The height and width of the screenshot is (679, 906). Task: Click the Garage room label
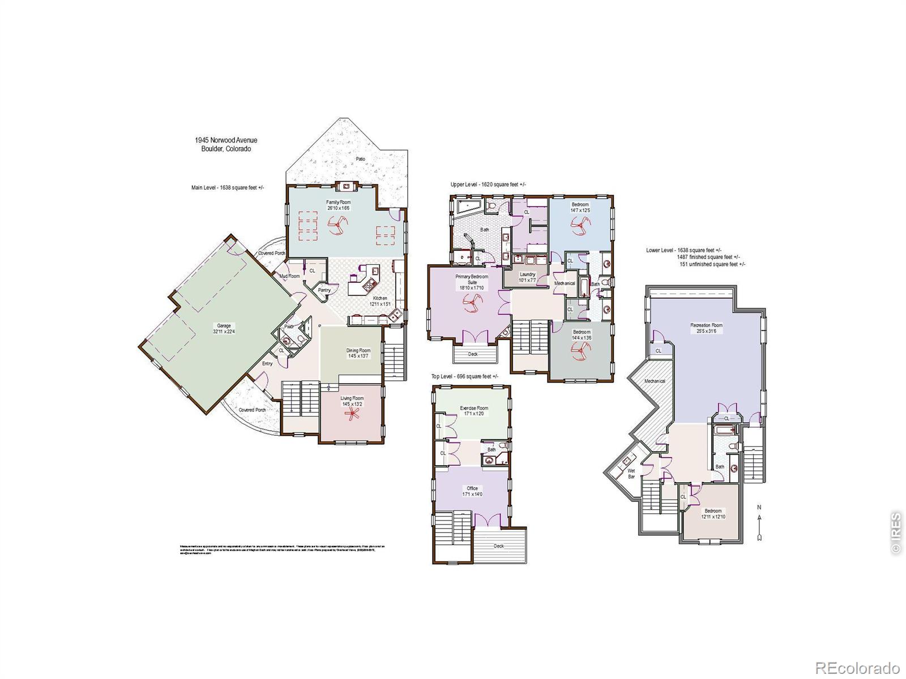pyautogui.click(x=224, y=329)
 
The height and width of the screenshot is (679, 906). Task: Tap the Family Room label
pyautogui.click(x=338, y=205)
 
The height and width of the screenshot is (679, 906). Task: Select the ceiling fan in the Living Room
pyautogui.click(x=353, y=415)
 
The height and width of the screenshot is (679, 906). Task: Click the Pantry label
pyautogui.click(x=324, y=290)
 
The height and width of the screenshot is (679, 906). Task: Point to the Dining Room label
pyautogui.click(x=358, y=353)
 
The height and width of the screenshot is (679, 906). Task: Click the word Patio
pyautogui.click(x=361, y=159)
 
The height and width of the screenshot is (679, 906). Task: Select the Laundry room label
pyautogui.click(x=527, y=277)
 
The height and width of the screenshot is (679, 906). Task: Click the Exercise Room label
pyautogui.click(x=473, y=411)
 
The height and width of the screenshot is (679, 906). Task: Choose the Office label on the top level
pyautogui.click(x=472, y=491)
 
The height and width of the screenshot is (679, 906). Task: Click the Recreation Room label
pyautogui.click(x=706, y=328)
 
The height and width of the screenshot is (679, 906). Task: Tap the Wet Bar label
pyautogui.click(x=631, y=474)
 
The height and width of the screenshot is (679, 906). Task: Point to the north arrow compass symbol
pyautogui.click(x=759, y=522)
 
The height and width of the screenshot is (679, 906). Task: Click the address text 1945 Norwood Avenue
pyautogui.click(x=226, y=140)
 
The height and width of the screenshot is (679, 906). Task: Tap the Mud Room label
pyautogui.click(x=289, y=276)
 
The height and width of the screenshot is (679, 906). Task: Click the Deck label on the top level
pyautogui.click(x=498, y=546)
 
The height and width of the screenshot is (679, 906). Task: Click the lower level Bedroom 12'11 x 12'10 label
pyautogui.click(x=713, y=514)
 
